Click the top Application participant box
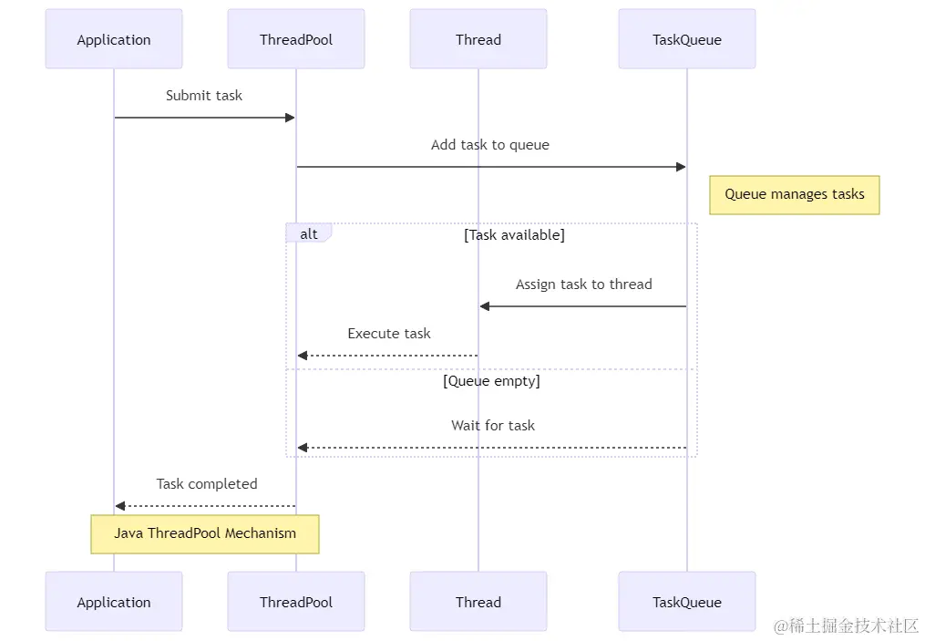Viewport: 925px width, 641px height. tap(114, 39)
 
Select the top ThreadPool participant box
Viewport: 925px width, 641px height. tap(296, 39)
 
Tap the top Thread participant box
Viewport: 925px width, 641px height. tap(478, 39)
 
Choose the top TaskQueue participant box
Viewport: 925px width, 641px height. tap(686, 39)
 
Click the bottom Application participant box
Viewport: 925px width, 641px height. tap(114, 602)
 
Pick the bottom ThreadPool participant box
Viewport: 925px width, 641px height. tap(296, 602)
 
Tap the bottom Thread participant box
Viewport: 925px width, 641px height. tap(478, 602)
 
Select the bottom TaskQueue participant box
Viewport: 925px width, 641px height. tap(686, 602)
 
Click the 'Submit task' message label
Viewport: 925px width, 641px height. tap(204, 96)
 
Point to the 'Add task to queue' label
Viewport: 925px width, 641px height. tap(490, 145)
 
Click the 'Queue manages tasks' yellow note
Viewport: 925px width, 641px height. tap(795, 195)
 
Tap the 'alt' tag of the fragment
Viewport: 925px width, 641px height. tap(309, 233)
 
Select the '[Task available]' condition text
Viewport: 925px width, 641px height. tap(514, 235)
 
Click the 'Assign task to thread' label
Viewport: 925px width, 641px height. tap(584, 284)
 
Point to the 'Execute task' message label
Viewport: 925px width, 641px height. tap(389, 334)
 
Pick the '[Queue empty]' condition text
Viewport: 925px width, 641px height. tap(491, 381)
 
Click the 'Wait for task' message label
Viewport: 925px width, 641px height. tap(493, 426)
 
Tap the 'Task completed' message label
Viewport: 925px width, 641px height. tap(207, 484)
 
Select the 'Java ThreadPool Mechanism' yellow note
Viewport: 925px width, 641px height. tap(205, 534)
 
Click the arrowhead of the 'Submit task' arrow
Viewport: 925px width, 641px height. tap(290, 118)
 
